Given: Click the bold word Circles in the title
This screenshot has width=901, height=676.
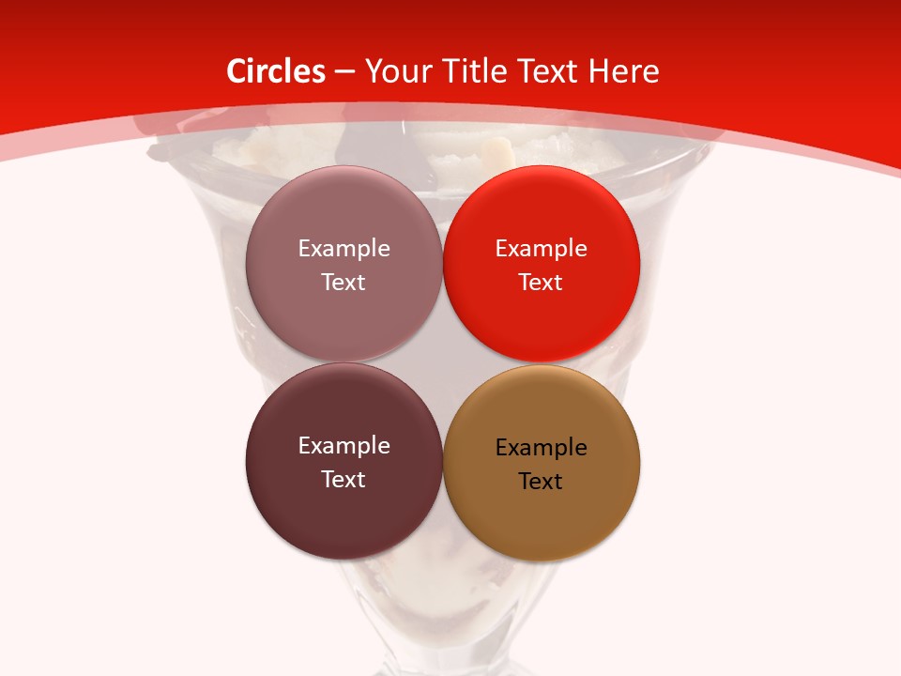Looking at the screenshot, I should point(275,71).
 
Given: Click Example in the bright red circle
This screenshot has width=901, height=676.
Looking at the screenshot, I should point(542,248).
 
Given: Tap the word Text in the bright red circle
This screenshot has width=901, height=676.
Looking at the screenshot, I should point(541,282).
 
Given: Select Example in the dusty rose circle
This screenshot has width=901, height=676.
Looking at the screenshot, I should point(344,248).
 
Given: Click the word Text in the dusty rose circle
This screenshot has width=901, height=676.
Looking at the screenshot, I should point(344,282).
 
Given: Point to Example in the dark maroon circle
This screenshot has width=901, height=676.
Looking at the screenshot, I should point(344,445).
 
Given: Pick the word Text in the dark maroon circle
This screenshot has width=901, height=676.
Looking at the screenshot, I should point(344,479).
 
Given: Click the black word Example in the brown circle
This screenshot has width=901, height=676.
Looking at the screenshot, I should point(542,447).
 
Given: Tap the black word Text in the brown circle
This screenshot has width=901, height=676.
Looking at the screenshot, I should point(541,481).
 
